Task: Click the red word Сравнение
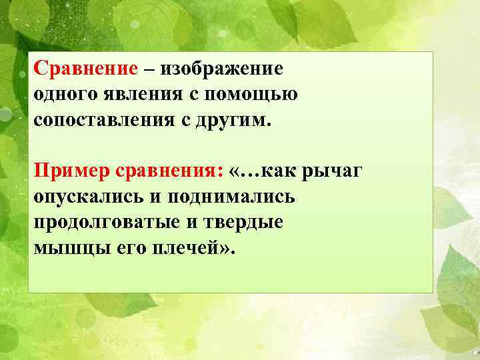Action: point(86,69)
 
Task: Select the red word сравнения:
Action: point(169,173)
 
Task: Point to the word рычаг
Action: point(333,173)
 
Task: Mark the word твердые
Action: point(242,223)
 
